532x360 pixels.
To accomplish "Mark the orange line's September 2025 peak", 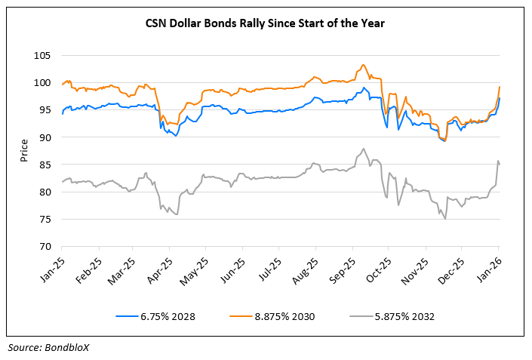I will point(364,65).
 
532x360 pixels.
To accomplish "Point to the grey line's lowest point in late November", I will point(445,218).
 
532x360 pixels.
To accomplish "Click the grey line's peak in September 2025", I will point(364,149).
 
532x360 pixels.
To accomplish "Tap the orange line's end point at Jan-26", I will point(500,87).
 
